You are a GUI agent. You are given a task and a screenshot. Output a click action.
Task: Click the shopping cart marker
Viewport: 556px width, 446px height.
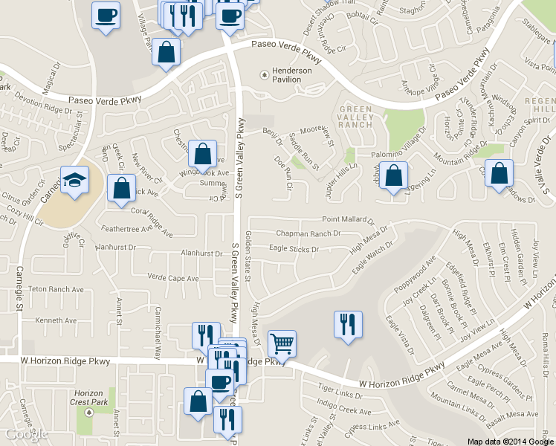click(282, 344)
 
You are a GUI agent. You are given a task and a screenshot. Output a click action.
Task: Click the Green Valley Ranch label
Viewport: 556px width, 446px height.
click(355, 117)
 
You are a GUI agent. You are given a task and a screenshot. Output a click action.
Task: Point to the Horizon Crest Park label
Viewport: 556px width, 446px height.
click(89, 398)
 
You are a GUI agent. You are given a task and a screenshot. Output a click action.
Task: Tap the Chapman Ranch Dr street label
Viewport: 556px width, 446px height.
click(308, 233)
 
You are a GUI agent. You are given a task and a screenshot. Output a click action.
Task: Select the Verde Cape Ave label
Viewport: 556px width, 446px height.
click(173, 279)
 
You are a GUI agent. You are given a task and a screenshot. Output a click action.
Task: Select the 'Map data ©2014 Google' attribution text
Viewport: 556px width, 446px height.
click(510, 441)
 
